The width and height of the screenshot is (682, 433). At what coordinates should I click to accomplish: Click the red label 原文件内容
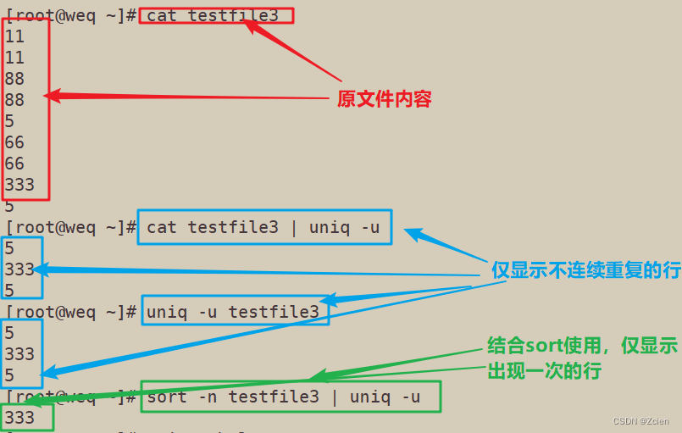(384, 99)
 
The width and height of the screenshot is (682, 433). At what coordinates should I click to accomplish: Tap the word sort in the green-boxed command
(167, 396)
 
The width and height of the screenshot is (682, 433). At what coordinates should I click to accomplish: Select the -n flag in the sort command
(208, 396)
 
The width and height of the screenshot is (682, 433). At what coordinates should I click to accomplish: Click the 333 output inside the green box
(19, 417)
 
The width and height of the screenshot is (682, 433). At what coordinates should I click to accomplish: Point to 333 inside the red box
(19, 184)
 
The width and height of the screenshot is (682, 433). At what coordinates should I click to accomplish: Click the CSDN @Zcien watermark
(641, 421)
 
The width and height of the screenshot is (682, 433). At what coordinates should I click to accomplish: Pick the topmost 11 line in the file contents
(14, 36)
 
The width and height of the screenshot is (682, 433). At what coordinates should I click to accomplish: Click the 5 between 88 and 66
(9, 121)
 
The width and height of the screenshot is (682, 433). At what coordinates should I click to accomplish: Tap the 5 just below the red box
(9, 206)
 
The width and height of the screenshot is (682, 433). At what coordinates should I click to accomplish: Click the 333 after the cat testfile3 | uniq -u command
(19, 269)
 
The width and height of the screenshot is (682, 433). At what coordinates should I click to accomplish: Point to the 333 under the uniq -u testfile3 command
(19, 353)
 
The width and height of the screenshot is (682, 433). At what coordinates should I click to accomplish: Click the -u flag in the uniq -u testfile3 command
(208, 312)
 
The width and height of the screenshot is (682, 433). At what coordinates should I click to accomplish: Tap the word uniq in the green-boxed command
(369, 396)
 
